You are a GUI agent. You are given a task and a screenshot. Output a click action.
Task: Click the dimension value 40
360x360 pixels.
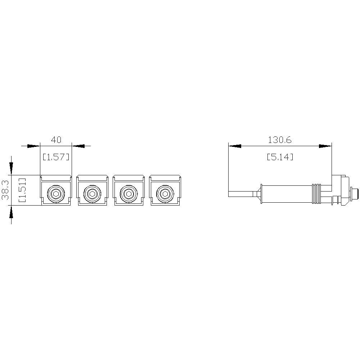[x=56, y=140]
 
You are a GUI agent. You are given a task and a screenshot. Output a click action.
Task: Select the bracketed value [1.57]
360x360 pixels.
[x=56, y=157]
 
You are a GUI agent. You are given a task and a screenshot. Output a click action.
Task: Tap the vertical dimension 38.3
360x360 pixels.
[x=5, y=190]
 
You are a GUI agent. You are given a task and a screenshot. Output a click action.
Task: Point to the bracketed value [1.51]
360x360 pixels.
[x=22, y=190]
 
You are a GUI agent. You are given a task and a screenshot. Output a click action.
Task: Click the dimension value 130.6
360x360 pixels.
[x=280, y=140]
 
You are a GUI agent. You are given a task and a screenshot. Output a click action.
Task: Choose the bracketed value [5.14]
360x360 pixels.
[x=280, y=157]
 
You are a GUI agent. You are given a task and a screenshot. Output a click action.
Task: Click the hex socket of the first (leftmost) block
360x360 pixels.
[x=56, y=194]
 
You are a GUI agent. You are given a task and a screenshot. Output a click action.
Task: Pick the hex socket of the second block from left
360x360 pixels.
[x=92, y=194]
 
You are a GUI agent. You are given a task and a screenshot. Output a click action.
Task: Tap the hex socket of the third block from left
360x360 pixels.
[x=129, y=194]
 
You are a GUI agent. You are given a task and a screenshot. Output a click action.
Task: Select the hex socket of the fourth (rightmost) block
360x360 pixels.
[x=165, y=194]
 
